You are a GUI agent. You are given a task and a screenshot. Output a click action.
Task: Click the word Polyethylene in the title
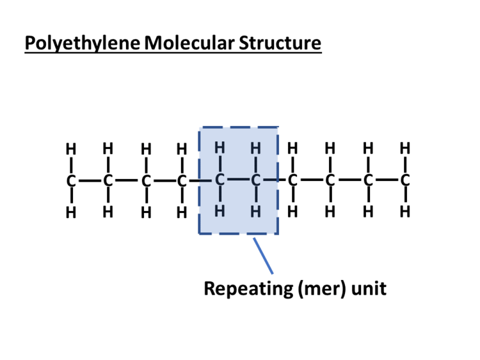pyautogui.click(x=83, y=44)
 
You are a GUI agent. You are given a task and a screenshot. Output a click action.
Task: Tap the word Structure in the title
pyautogui.click(x=280, y=44)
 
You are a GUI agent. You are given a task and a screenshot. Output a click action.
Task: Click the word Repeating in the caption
pyautogui.click(x=248, y=288)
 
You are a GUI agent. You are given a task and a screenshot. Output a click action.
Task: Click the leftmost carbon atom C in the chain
pyautogui.click(x=71, y=181)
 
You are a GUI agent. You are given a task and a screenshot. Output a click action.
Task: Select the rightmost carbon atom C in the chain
pyautogui.click(x=404, y=181)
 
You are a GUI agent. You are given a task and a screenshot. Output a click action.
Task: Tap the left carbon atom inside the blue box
pyautogui.click(x=220, y=181)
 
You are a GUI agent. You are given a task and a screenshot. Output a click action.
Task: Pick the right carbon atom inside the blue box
pyautogui.click(x=256, y=181)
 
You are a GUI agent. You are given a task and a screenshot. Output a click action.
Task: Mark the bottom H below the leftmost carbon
pyautogui.click(x=71, y=212)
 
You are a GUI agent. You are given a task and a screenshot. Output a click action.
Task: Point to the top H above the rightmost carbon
pyautogui.click(x=404, y=149)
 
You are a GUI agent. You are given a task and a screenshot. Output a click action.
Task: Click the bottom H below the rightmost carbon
pyautogui.click(x=404, y=211)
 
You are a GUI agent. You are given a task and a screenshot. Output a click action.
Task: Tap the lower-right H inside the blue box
pyautogui.click(x=256, y=210)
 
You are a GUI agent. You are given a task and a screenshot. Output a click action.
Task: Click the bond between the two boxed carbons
pyautogui.click(x=237, y=181)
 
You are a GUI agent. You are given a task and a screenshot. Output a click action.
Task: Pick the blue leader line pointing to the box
pyautogui.click(x=263, y=255)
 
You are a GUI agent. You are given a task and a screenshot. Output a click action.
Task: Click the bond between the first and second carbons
pyautogui.click(x=90, y=181)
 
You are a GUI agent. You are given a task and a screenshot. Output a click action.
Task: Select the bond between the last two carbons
pyautogui.click(x=386, y=181)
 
